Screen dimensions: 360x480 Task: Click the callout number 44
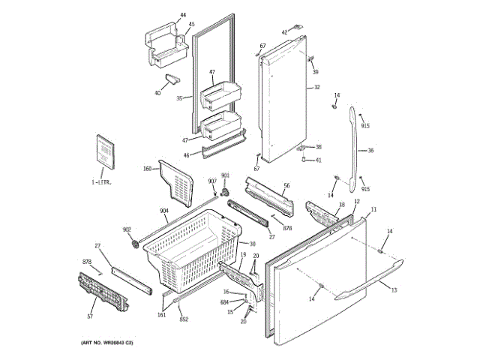[182, 14]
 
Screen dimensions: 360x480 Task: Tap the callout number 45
[191, 24]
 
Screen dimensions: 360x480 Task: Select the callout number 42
[284, 32]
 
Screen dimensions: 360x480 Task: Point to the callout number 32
[316, 88]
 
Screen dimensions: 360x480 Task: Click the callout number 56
[286, 185]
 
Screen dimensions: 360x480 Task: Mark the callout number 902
[127, 229]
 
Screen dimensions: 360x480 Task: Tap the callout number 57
[90, 317]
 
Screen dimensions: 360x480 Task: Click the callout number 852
[184, 319]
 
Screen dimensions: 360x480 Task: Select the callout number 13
[394, 290]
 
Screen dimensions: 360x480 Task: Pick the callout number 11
[373, 208]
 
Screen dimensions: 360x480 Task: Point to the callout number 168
[147, 168]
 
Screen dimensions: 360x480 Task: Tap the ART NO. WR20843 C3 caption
[106, 343]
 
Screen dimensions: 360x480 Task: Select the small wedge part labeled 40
[173, 80]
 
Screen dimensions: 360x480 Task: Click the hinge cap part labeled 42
[297, 28]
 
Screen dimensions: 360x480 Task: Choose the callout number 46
[186, 154]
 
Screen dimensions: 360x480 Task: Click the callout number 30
[252, 244]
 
